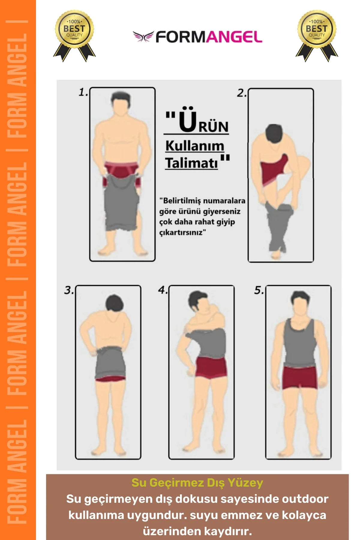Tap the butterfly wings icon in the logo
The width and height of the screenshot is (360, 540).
143,37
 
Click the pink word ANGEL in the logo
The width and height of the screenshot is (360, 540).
234,37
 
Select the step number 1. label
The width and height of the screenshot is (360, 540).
83,92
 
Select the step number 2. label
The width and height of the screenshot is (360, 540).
241,93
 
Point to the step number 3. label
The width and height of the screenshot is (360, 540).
69,290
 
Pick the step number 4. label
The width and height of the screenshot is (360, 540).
163,290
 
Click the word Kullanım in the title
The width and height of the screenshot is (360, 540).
195,146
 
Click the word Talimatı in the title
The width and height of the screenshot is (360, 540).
191,163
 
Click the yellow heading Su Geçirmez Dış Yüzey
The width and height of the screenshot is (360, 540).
197,482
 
